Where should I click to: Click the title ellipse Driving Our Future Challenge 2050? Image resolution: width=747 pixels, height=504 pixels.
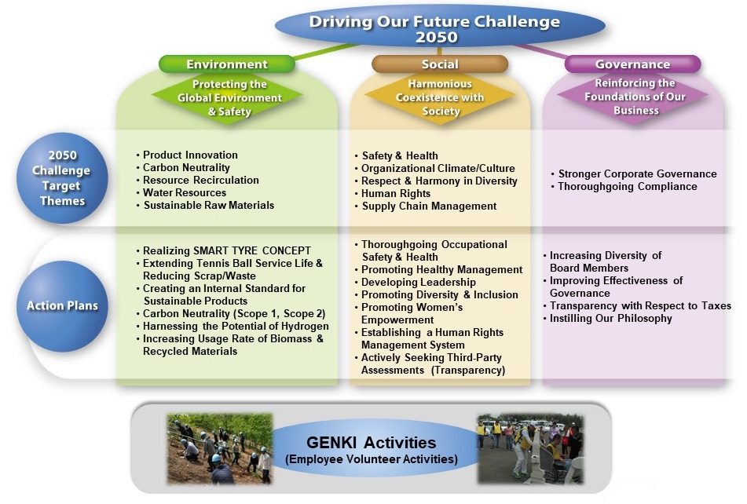[x=440, y=27]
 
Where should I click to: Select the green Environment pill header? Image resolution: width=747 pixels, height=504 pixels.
[x=227, y=64]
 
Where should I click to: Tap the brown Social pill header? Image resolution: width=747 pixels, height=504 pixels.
[x=440, y=64]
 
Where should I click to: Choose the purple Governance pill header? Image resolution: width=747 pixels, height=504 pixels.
[x=632, y=64]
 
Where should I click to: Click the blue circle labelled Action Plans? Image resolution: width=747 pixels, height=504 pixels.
[x=62, y=306]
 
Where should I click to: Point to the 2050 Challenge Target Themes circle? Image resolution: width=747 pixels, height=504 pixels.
[x=62, y=178]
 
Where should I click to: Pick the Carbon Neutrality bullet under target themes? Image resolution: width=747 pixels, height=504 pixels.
[x=184, y=167]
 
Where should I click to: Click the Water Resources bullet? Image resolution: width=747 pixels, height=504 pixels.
[x=181, y=193]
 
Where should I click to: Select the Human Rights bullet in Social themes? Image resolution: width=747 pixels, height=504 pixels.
[x=393, y=194]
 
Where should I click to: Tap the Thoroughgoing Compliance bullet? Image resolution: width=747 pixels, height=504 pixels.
[x=624, y=187]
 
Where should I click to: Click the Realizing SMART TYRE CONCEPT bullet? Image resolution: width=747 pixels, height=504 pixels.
[x=223, y=250]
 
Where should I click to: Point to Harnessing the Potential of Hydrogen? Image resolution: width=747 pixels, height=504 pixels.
[x=233, y=327]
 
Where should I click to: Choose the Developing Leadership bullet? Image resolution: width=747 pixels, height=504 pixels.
[x=415, y=282]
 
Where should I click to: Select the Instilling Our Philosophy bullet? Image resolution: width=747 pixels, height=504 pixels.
[x=607, y=319]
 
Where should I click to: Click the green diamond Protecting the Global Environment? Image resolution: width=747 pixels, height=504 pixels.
[x=227, y=97]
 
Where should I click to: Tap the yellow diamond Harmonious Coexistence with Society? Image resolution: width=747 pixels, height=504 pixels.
[x=440, y=97]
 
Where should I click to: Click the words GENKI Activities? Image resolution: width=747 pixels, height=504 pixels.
[x=371, y=443]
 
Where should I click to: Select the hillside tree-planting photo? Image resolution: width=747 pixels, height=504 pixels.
[x=220, y=449]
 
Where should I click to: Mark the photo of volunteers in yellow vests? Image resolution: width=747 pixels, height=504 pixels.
[x=530, y=449]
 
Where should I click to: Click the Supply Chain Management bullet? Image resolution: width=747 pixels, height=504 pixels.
[x=426, y=206]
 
